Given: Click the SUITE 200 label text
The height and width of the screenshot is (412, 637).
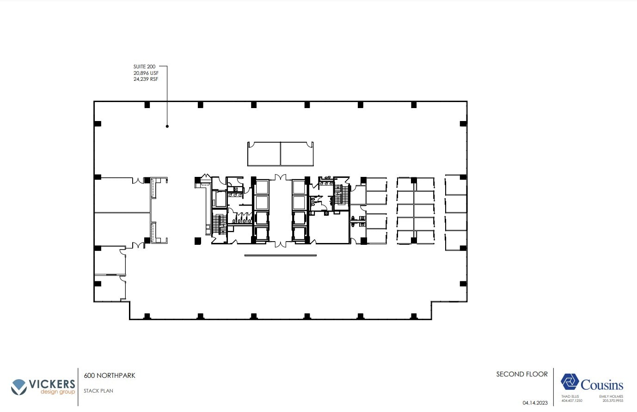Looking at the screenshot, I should point(144,67).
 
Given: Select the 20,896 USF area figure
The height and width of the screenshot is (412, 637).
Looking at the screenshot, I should point(146,73).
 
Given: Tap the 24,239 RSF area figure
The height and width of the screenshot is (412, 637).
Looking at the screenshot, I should point(146,79).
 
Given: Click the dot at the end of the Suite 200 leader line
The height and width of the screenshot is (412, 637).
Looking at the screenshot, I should point(167,126).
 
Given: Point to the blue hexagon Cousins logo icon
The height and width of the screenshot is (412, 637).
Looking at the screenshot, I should point(570,382).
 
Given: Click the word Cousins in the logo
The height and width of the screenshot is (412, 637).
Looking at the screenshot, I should point(602,385).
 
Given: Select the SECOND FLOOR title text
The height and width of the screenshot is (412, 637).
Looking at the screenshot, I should point(522,374).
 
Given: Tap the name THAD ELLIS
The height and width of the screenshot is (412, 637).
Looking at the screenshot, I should point(570,396).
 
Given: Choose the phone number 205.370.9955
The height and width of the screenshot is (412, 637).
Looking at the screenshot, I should point(613,400).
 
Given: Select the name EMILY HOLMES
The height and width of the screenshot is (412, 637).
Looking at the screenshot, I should point(611,396).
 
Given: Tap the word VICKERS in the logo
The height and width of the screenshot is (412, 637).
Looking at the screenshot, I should point(52,384).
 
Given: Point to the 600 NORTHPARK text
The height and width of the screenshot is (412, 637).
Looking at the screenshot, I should point(110,376).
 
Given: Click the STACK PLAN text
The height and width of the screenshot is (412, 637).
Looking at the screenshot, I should point(98,391).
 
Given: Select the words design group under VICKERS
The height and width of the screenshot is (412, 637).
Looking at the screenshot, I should point(57,392).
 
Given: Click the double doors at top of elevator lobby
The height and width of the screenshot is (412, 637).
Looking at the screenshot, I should point(280,177).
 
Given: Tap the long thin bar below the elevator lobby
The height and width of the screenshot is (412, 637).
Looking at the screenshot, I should point(280,255).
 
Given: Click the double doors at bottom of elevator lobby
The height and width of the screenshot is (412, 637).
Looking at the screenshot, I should point(280,244).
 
